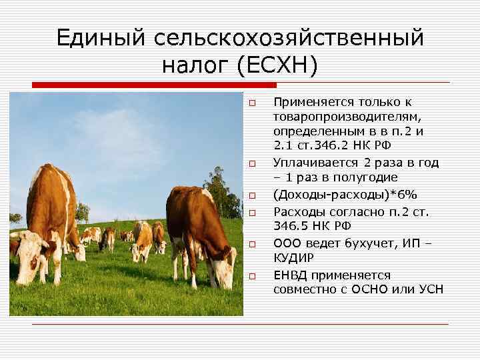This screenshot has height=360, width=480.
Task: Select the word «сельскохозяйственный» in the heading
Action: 289,38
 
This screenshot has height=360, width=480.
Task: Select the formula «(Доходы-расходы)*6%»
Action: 345,195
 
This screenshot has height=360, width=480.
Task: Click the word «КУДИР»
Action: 293,258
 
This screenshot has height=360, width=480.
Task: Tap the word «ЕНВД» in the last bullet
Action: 290,275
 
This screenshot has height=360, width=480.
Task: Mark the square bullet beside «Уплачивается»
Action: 253,163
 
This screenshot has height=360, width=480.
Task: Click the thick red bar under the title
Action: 154,85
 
